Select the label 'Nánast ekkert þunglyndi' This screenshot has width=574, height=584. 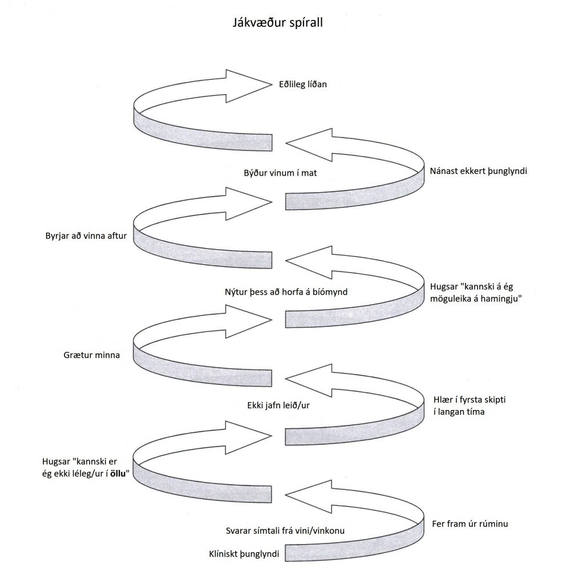[478, 171]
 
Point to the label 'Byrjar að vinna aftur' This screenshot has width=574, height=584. [86, 236]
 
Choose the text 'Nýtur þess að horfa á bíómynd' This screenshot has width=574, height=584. [286, 291]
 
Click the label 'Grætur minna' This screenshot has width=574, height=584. [91, 355]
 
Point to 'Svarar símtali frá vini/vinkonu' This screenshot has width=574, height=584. [285, 532]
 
